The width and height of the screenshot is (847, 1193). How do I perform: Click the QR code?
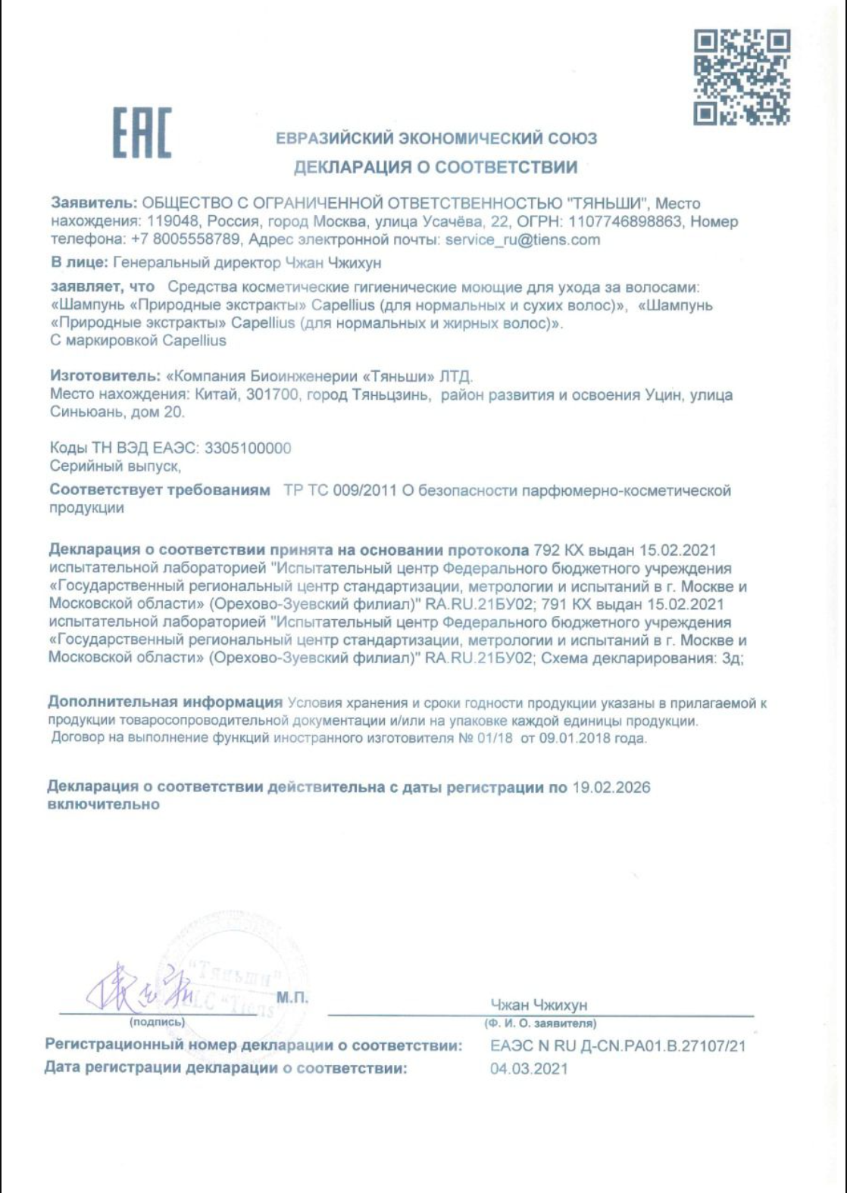[742, 76]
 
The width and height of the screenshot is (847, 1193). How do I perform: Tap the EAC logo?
[142, 133]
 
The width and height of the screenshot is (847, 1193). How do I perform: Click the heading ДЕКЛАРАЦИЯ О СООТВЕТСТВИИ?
[436, 167]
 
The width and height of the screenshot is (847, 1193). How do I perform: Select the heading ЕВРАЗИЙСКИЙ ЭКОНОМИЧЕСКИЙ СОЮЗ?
[436, 139]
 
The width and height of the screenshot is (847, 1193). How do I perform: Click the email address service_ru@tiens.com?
[523, 240]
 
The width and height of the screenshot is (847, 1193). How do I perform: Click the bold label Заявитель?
[94, 204]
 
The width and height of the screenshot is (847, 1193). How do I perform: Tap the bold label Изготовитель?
[105, 376]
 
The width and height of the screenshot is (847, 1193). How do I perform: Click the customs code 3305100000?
[248, 448]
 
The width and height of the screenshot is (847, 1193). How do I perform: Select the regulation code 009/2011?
[365, 491]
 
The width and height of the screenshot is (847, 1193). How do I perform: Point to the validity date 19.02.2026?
[611, 787]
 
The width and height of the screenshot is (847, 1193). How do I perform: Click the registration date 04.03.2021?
[529, 1069]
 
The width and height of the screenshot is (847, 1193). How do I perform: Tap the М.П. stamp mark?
[292, 997]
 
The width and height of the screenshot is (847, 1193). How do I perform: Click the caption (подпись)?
[157, 1022]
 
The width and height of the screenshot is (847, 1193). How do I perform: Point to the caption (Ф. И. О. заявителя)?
[540, 1023]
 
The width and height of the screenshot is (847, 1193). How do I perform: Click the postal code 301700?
[272, 395]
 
